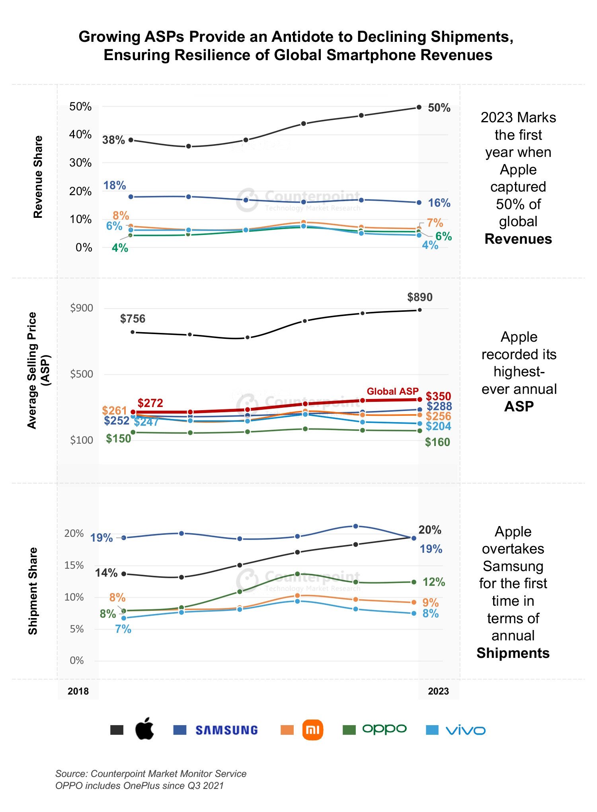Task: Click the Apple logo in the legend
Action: coord(144,729)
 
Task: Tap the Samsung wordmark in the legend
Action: coord(227,730)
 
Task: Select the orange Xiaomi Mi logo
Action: coord(313,730)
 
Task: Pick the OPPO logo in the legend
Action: coord(384,729)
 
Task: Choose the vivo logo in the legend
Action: coord(466,730)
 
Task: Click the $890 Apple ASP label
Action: coord(420,297)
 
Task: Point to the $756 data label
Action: coord(133,319)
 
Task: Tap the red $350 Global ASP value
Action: coord(439,396)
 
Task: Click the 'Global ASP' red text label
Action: coord(393,391)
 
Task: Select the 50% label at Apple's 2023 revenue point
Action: coord(439,108)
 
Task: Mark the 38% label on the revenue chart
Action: coord(113,140)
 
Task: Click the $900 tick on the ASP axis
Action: coord(82,308)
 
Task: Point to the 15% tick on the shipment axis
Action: coord(74,565)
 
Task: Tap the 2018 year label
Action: coord(78,691)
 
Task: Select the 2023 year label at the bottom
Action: coord(438,691)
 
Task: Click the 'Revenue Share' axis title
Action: coord(38,177)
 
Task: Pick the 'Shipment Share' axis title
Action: coord(33,591)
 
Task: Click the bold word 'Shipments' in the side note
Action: coord(513,653)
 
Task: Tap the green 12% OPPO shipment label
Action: coord(434,582)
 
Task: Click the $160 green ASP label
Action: coord(437,442)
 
